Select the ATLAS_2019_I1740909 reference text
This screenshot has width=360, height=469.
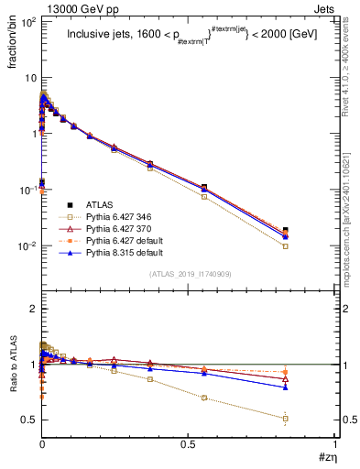point(189,274)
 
